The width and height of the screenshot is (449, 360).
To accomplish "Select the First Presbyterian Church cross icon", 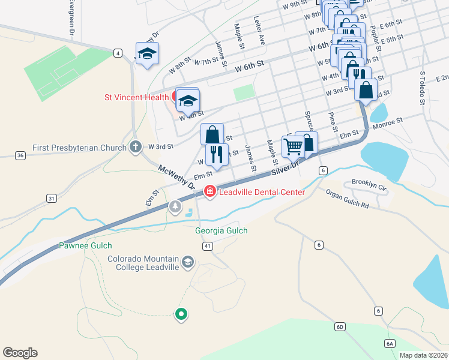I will [x=136, y=147].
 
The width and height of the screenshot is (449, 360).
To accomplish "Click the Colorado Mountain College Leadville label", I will [x=143, y=263].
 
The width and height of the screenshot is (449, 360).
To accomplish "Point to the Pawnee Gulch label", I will [x=85, y=245].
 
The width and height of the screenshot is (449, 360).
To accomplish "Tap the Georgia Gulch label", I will [x=221, y=230].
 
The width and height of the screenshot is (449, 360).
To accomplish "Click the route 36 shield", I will [x=21, y=155].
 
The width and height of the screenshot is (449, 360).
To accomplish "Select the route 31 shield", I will [x=52, y=198].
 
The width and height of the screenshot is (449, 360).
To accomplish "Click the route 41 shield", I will [x=208, y=246].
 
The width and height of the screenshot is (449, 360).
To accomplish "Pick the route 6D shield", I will [x=340, y=326].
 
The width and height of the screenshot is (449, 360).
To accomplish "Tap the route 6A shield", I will [x=390, y=343].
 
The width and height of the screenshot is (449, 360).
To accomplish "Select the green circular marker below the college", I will [x=181, y=313].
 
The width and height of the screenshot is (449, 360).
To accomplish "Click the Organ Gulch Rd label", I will [x=347, y=199].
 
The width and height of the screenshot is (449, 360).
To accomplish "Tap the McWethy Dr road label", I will [x=177, y=178].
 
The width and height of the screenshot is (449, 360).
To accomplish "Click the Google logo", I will [x=20, y=353].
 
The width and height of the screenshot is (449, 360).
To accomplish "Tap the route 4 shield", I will [x=118, y=53].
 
